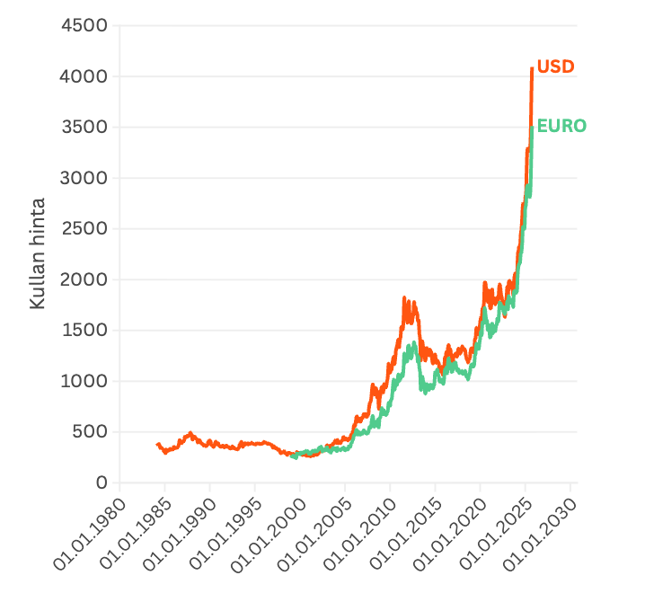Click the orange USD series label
tap(555, 66)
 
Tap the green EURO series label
tap(561, 126)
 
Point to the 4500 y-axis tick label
tap(84, 26)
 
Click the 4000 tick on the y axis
tap(84, 76)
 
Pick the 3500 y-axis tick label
tap(84, 128)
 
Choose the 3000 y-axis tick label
tap(84, 178)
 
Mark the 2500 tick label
tap(84, 229)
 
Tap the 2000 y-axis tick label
tap(84, 279)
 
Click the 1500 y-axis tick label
tap(84, 331)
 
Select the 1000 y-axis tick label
tap(84, 381)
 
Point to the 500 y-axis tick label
tap(90, 432)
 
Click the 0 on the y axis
tap(102, 482)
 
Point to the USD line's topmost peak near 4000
tap(532, 68)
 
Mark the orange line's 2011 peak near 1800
tap(404, 298)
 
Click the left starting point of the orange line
tap(158, 444)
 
